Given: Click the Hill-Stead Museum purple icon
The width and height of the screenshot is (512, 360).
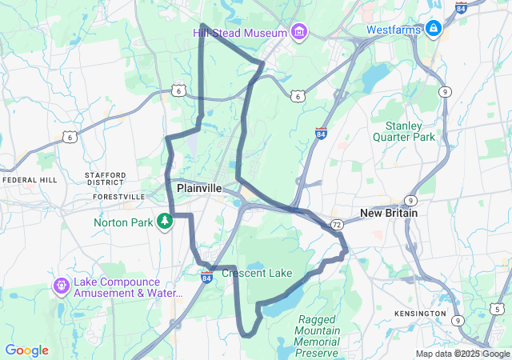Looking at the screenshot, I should point(300,32).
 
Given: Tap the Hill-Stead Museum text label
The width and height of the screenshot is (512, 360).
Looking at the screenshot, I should point(239,33).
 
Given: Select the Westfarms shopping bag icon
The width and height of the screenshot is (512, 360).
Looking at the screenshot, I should point(434,29).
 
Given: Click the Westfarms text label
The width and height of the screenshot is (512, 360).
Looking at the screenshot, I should point(394,30).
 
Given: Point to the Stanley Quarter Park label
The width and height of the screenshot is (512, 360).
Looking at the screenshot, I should point(410,131).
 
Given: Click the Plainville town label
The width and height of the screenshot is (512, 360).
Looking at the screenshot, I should point(199,188).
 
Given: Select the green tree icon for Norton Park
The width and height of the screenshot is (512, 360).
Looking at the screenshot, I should point(166,221).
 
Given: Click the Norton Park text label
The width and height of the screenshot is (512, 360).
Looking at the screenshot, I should point(122,222).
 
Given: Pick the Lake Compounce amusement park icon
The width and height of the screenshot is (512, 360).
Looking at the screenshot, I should point(62,285).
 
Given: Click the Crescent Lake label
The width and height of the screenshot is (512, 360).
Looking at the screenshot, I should point(257,274).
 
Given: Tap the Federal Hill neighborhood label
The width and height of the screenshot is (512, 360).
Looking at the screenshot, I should point(30,180).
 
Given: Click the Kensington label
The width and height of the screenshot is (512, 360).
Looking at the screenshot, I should point(420,313).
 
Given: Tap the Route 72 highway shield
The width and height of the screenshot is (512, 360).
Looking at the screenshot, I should point(337,224).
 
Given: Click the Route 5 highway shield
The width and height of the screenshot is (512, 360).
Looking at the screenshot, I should point(497,309).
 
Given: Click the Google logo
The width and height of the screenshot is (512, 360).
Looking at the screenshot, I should point(26,350).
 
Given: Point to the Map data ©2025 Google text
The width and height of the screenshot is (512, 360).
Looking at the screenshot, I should point(462,354).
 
